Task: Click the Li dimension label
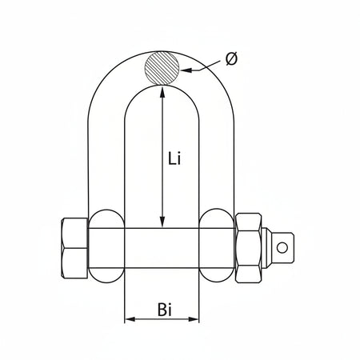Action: [174, 158]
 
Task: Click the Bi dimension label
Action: [165, 310]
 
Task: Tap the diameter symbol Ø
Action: [231, 58]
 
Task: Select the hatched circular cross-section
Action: [162, 68]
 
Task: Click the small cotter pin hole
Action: [282, 248]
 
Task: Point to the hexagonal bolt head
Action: [74, 248]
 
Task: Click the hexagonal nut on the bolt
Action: [248, 248]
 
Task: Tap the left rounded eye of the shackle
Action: [106, 246]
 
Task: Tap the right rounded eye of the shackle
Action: [217, 246]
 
